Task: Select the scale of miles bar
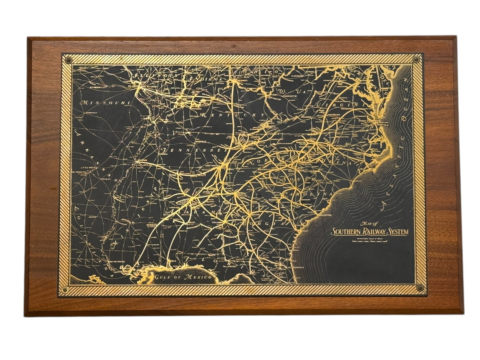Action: pos(370,241)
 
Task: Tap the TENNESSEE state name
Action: pos(192,149)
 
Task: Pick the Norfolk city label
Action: pos(382,124)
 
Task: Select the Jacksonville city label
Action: pos(296,267)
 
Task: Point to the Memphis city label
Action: pos(143,160)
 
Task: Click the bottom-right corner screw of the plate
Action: pos(419,287)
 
